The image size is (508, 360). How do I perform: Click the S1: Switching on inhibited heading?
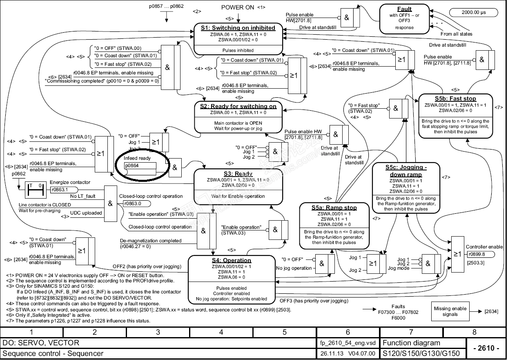point(238,28)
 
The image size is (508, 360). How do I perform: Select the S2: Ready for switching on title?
point(238,106)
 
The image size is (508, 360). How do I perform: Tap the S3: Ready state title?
point(238,174)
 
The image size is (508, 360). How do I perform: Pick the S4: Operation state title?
point(231,260)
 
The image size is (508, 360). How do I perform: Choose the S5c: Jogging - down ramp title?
point(406,171)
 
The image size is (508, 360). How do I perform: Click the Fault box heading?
point(405,9)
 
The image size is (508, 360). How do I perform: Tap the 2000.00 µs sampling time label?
point(474,12)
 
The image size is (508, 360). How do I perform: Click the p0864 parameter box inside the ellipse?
point(140,165)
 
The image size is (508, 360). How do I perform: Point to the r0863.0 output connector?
point(135,203)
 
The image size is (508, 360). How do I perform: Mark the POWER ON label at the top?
point(238,7)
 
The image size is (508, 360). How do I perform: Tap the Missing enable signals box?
point(450,311)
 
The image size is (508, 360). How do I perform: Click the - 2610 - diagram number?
point(486,348)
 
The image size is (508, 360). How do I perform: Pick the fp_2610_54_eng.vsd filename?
point(348,343)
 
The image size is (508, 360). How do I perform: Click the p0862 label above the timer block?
point(19,174)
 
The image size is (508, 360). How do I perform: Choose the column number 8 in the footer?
point(475,332)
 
